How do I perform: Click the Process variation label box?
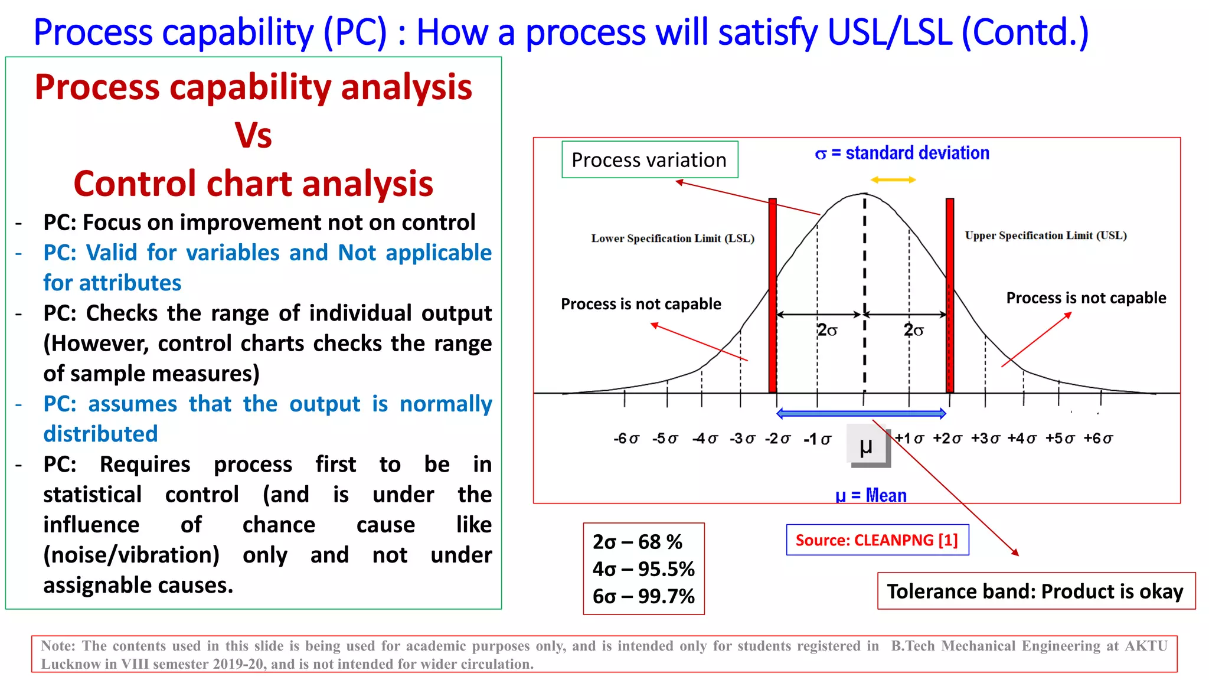[x=649, y=159]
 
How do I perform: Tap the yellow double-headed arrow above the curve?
[x=893, y=179]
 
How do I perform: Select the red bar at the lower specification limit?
[x=772, y=295]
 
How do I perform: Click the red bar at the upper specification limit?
[x=950, y=295]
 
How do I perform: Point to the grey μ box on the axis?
[x=868, y=446]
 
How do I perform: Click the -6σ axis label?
[x=626, y=439]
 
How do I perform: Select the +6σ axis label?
[x=1098, y=439]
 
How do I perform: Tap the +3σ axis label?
[x=985, y=439]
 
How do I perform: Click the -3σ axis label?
[x=742, y=439]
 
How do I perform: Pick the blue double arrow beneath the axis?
[x=861, y=413]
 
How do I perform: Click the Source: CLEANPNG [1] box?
[x=877, y=540]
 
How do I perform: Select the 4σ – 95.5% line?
[x=643, y=569]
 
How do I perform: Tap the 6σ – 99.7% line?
[x=643, y=596]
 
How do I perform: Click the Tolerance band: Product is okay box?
[x=1035, y=591]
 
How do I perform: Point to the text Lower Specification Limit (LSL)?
[x=672, y=238]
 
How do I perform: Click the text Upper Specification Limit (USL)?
[x=1045, y=236]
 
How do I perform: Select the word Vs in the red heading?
[x=253, y=136]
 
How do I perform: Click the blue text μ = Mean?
[x=871, y=495]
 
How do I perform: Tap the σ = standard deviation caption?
[x=902, y=153]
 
